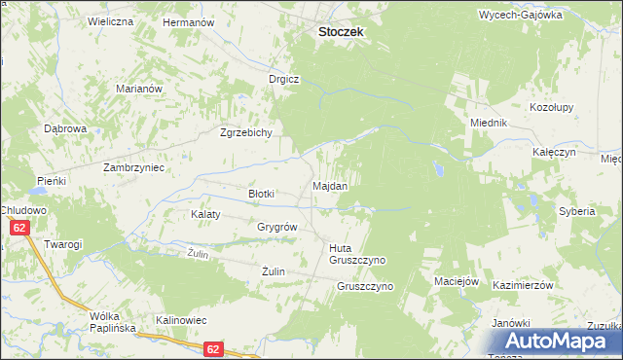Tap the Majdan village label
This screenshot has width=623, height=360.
[x=330, y=185]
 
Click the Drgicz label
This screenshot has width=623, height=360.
[x=284, y=79]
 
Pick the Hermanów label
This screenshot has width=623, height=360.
[x=187, y=21]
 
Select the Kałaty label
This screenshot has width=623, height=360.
[x=205, y=214]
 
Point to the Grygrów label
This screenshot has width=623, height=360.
[x=276, y=227]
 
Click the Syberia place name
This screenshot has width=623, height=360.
[x=575, y=211]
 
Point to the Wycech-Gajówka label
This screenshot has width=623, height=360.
[x=521, y=16]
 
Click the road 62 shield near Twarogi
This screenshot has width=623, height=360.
[x=19, y=228]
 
